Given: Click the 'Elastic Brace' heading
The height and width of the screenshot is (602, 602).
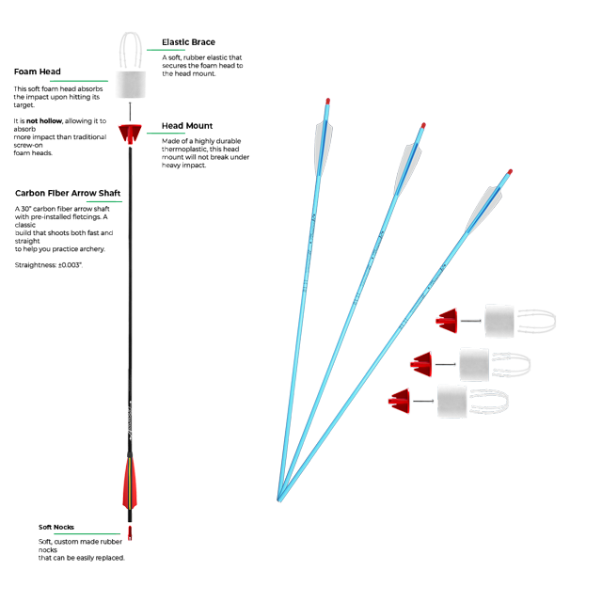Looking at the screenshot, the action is pyautogui.click(x=188, y=42).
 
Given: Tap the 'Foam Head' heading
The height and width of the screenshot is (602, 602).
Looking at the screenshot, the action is pyautogui.click(x=38, y=71).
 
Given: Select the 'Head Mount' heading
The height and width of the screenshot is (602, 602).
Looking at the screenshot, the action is pyautogui.click(x=187, y=126).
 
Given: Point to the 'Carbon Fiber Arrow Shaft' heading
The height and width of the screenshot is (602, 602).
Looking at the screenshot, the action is pyautogui.click(x=68, y=193).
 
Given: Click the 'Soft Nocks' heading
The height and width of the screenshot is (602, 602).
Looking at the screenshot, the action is pyautogui.click(x=56, y=527).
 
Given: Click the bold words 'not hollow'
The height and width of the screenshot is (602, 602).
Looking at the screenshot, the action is pyautogui.click(x=44, y=121).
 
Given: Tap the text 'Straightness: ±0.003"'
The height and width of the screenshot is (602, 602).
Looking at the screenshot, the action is pyautogui.click(x=48, y=265).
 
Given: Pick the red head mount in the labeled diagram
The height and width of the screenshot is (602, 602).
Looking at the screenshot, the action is pyautogui.click(x=130, y=134).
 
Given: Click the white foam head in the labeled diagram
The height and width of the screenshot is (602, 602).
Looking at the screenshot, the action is pyautogui.click(x=131, y=84).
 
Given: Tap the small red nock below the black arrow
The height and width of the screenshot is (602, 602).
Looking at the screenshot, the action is pyautogui.click(x=130, y=533).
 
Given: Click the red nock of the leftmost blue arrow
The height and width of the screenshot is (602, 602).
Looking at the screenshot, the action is pyautogui.click(x=328, y=102).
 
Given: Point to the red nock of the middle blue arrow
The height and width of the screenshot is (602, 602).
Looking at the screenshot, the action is pyautogui.click(x=423, y=125).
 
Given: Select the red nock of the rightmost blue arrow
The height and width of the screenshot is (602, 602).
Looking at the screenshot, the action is pyautogui.click(x=510, y=171).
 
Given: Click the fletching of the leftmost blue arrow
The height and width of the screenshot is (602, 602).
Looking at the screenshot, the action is pyautogui.click(x=324, y=148).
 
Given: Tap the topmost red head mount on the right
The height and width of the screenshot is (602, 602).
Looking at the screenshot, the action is pyautogui.click(x=447, y=321).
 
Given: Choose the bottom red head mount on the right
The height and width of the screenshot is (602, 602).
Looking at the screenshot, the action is pyautogui.click(x=399, y=401).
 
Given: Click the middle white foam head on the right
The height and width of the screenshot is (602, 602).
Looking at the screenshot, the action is pyautogui.click(x=474, y=364).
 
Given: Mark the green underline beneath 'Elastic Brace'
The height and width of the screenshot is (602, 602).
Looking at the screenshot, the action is pyautogui.click(x=166, y=50).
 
